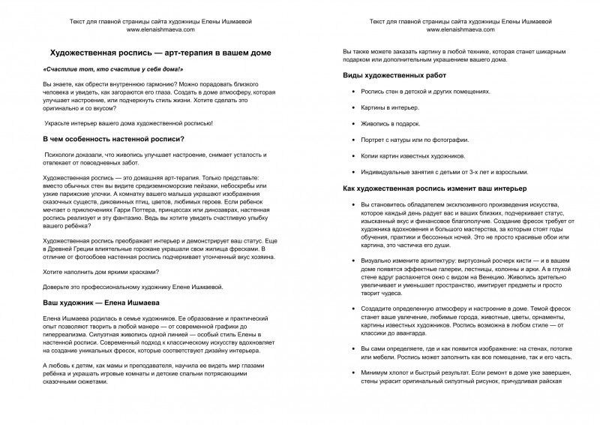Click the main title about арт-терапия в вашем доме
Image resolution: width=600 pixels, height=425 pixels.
[x=155, y=53]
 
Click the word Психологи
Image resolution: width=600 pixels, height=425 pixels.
[x=62, y=154]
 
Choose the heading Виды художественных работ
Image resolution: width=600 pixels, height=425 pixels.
[x=394, y=77]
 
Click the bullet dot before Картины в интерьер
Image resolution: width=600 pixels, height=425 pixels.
[x=353, y=108]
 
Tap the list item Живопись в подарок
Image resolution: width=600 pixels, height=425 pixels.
[x=391, y=124]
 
